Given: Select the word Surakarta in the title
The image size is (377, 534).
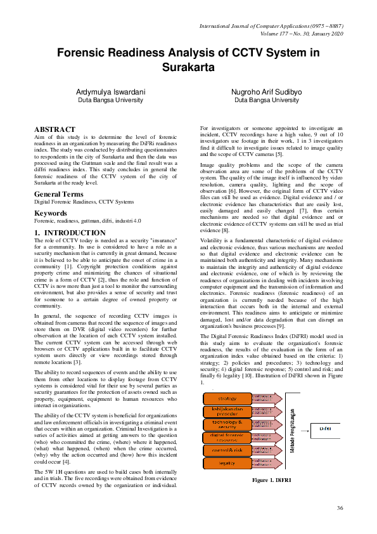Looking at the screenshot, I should (x=188, y=67).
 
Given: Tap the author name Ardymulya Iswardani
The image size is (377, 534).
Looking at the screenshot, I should (x=111, y=92).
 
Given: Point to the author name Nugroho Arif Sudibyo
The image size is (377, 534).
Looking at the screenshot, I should (x=267, y=92).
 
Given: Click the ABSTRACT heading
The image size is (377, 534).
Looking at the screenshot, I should (x=54, y=129).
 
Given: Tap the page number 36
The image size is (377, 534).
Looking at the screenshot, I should (x=340, y=507).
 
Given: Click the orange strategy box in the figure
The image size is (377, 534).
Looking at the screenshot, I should (x=227, y=399).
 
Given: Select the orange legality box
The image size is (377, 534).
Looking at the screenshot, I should (x=227, y=463).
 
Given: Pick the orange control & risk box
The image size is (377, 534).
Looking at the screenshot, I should (x=227, y=450).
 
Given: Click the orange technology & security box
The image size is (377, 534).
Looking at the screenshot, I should (x=227, y=424).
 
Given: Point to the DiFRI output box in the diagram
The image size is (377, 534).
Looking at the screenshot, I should (x=326, y=429).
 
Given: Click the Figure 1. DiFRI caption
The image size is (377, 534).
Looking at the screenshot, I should (x=271, y=480).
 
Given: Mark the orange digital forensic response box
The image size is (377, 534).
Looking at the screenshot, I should (x=227, y=437).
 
